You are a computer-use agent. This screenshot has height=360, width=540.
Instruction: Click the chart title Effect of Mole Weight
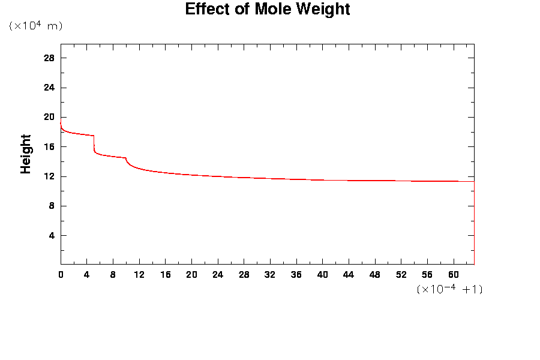[x=267, y=10]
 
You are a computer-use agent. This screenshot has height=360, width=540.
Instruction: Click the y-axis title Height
[x=26, y=154]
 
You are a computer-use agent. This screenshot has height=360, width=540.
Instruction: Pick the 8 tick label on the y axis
[x=52, y=206]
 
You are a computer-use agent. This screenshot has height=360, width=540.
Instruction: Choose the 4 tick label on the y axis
[x=52, y=236]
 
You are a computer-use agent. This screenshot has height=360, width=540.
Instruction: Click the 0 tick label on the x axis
[x=61, y=275]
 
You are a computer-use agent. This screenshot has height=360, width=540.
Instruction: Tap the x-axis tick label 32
[x=270, y=275]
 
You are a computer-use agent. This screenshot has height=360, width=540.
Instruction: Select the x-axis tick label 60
[x=453, y=275]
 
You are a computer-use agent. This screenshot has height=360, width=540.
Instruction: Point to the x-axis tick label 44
[x=349, y=275]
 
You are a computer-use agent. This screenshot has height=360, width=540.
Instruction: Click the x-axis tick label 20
[x=191, y=275]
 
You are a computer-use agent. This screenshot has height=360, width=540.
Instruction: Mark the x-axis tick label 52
[x=401, y=275]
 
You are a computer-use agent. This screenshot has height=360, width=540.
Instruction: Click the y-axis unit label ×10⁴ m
[x=35, y=26]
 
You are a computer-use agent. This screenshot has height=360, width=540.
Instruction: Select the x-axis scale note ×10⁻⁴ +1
[x=449, y=289]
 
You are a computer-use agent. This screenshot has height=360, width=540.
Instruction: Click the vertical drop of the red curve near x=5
[x=94, y=144]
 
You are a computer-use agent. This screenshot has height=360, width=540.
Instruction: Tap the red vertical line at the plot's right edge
[x=474, y=223]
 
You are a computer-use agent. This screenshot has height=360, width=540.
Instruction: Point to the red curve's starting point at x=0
[x=61, y=123]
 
